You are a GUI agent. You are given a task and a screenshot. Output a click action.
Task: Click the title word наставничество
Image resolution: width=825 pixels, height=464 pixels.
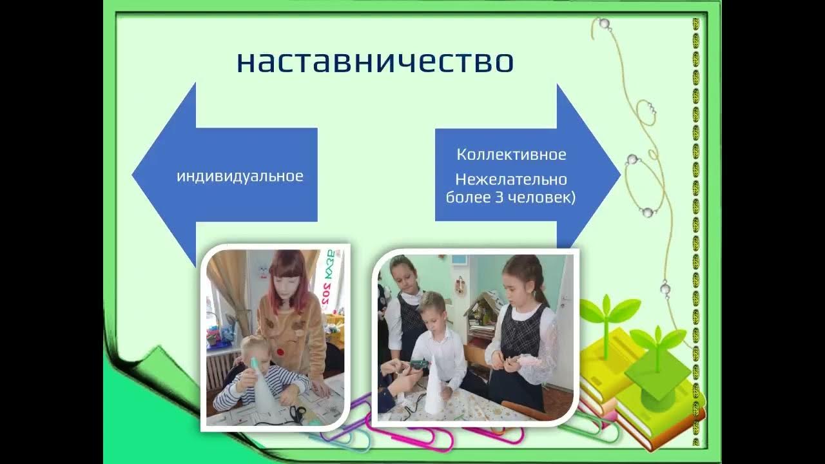coord(374,62)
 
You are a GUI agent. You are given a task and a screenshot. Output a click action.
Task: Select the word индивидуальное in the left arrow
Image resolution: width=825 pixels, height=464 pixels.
coord(240,176)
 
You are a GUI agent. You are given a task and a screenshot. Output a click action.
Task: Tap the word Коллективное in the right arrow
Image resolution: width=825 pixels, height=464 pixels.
coord(511,155)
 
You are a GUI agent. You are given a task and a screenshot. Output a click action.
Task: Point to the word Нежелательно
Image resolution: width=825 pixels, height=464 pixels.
coord(511,179)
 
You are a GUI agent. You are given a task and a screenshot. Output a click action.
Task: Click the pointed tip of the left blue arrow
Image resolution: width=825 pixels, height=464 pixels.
coord(133,175)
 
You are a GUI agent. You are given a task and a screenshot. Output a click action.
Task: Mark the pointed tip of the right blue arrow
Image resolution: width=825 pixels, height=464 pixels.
coord(619,175)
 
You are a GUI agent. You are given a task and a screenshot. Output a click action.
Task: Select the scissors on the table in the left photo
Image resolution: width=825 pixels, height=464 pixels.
coord(297,412)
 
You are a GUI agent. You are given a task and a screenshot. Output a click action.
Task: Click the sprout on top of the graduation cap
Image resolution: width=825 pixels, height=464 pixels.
coord(657,342)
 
